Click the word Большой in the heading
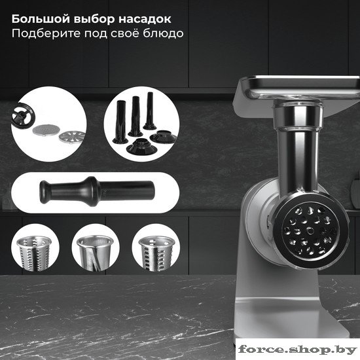click(41, 19)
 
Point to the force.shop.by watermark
click(298, 350)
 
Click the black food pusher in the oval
click(97, 192)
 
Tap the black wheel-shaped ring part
click(23, 116)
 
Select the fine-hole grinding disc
click(45, 130)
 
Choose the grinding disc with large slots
click(72, 137)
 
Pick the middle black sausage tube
click(135, 116)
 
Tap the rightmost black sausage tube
click(150, 111)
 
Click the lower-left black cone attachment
click(141, 146)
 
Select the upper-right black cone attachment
click(163, 137)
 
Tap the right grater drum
click(156, 252)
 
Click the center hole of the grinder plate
click(310, 230)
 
